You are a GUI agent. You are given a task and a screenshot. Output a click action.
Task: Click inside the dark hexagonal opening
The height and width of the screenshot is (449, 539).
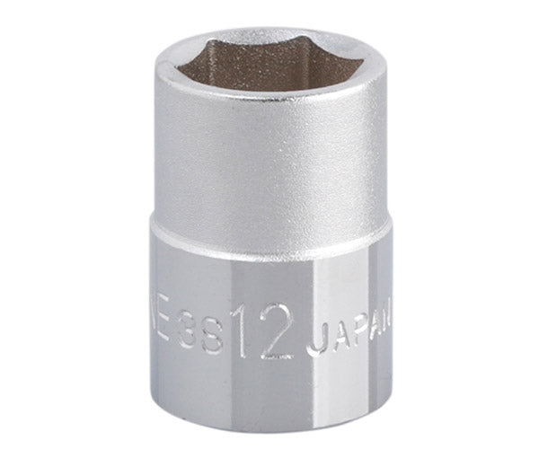269,74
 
